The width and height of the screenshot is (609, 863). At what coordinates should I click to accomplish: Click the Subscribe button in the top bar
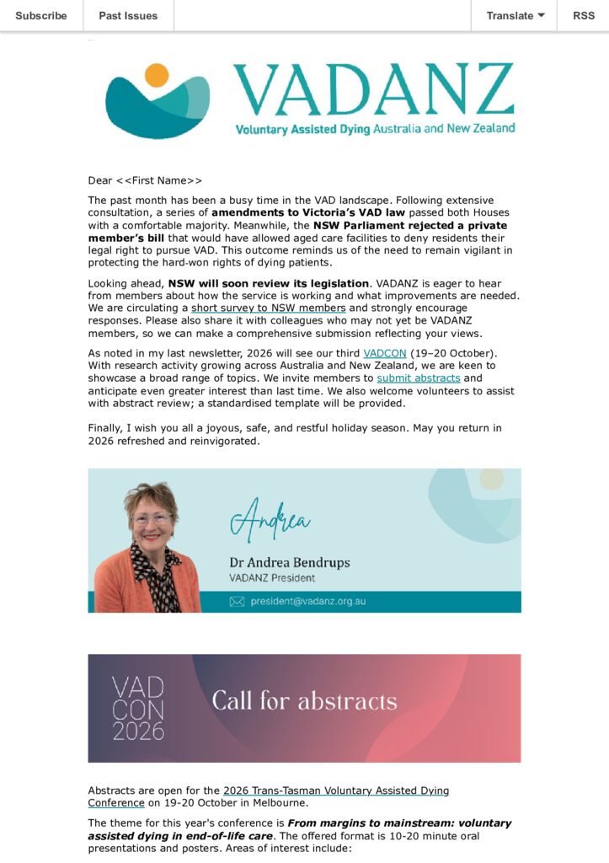[x=41, y=15]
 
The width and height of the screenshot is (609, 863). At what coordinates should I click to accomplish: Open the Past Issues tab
[x=128, y=15]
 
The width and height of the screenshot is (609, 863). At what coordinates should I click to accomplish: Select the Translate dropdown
[x=516, y=15]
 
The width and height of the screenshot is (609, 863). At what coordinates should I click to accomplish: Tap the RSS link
[x=583, y=15]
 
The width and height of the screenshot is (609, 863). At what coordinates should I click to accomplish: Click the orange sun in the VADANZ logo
[x=157, y=75]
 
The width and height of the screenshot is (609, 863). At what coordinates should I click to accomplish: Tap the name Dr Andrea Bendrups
[x=289, y=562]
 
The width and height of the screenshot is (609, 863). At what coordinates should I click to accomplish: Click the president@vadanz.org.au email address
[x=307, y=602]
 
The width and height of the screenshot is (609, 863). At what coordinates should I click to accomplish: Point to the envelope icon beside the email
[x=237, y=602]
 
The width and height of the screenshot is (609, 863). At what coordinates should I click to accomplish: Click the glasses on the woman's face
[x=152, y=518]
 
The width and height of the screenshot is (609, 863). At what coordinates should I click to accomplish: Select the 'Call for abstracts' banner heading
[x=304, y=701]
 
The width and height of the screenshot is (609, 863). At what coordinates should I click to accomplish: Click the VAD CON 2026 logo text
[x=138, y=708]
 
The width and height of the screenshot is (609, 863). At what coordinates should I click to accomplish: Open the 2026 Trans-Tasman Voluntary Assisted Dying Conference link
[x=335, y=791]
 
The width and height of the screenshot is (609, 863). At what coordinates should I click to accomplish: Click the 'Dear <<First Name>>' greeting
[x=145, y=180]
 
